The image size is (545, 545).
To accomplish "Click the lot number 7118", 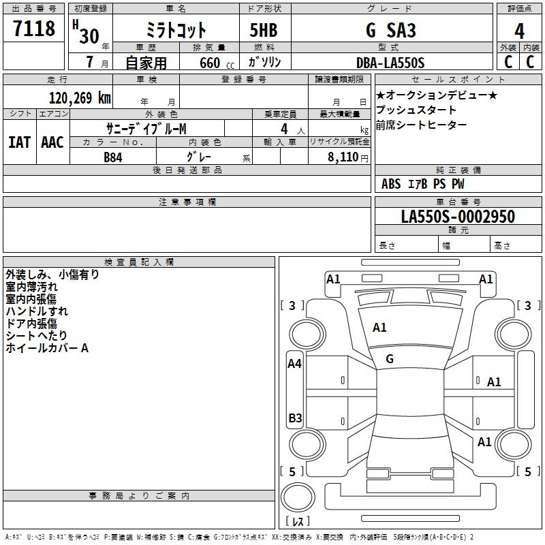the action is pyautogui.click(x=34, y=28).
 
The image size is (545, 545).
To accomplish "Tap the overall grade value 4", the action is pyautogui.click(x=519, y=31).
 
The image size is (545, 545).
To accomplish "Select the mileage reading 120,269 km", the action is pyautogui.click(x=80, y=98).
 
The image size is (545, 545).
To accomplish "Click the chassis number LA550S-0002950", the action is pyautogui.click(x=458, y=217).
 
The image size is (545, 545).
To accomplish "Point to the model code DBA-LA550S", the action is pyautogui.click(x=390, y=63).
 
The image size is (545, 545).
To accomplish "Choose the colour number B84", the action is pyautogui.click(x=113, y=157).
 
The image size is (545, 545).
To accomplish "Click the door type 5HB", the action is pyautogui.click(x=264, y=30).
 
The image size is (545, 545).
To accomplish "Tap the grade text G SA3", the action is pyautogui.click(x=390, y=30).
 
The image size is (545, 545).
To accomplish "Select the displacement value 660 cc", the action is pyautogui.click(x=217, y=63).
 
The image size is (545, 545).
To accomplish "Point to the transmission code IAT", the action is pyautogui.click(x=20, y=142).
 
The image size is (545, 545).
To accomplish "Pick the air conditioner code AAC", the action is pyautogui.click(x=52, y=142).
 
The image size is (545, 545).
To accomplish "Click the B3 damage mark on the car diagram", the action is pyautogui.click(x=295, y=418).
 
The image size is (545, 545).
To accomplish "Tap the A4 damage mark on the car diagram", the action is pyautogui.click(x=295, y=364).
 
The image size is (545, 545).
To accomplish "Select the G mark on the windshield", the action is pyautogui.click(x=390, y=359).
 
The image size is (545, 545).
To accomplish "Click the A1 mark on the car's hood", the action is pyautogui.click(x=379, y=328).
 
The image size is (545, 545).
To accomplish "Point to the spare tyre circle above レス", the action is pyautogui.click(x=298, y=497).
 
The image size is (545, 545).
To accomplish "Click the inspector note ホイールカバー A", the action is pyautogui.click(x=47, y=348).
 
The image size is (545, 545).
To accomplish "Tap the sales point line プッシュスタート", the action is pyautogui.click(x=416, y=110).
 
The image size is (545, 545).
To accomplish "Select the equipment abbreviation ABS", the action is pyautogui.click(x=391, y=184).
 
